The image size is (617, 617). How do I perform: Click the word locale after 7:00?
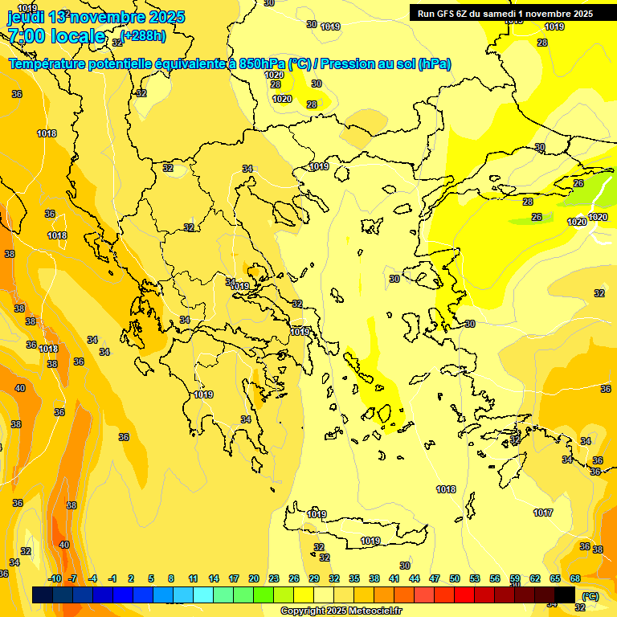(x=78, y=36)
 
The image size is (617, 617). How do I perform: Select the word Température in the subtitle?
(x=48, y=63)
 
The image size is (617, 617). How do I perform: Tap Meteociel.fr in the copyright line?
(x=369, y=611)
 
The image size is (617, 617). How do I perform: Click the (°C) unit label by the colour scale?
(x=590, y=596)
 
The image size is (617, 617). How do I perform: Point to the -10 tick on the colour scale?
(x=55, y=578)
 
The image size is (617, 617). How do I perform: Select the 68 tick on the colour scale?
(x=575, y=578)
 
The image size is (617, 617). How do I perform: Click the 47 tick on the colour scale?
(x=435, y=578)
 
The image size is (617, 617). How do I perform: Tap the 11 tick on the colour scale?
(x=194, y=578)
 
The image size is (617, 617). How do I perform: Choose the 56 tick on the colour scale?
(x=495, y=578)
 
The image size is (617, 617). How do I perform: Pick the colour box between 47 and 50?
(x=444, y=595)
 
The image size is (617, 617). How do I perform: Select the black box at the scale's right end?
(x=565, y=595)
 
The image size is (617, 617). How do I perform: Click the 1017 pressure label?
(x=543, y=513)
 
